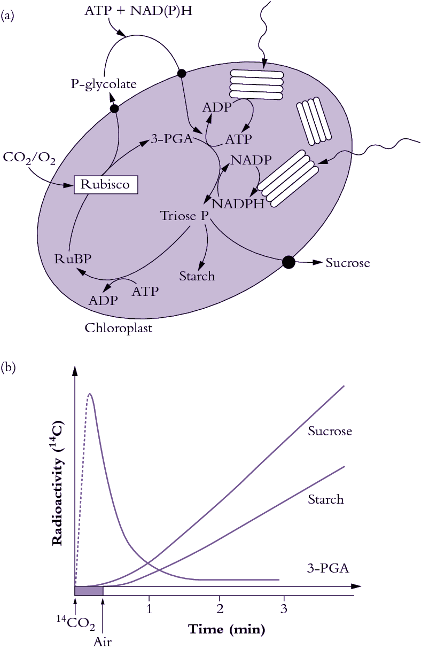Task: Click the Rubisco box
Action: (105, 185)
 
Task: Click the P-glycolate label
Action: (104, 84)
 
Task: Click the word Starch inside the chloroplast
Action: (197, 276)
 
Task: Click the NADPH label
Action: (238, 203)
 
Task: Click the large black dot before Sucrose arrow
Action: (289, 262)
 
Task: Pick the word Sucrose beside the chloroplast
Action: (348, 263)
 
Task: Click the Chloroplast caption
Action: (119, 328)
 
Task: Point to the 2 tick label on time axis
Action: (220, 608)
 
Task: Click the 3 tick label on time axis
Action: (284, 608)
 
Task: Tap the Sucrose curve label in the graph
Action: (330, 431)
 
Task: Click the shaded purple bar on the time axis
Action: (89, 590)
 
